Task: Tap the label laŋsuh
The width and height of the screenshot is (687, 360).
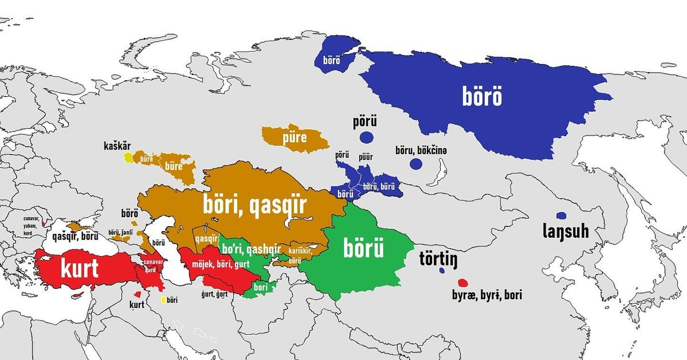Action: [566, 233]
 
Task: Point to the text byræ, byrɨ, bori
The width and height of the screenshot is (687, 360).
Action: [487, 296]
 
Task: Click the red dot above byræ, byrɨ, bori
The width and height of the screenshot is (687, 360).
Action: [463, 283]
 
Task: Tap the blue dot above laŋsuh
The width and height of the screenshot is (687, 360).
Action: [562, 216]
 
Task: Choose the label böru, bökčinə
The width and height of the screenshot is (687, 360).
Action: [421, 150]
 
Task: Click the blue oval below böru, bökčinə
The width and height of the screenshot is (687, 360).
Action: [416, 165]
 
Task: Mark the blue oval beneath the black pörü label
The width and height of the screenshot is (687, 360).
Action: [367, 137]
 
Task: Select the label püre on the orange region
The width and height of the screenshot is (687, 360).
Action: [295, 138]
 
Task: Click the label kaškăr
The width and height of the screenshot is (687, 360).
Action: [117, 146]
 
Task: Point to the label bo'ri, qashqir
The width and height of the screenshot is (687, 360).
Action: [251, 248]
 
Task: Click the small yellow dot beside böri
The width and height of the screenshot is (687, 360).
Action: [164, 299]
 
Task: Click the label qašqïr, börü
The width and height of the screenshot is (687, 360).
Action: [75, 236]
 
